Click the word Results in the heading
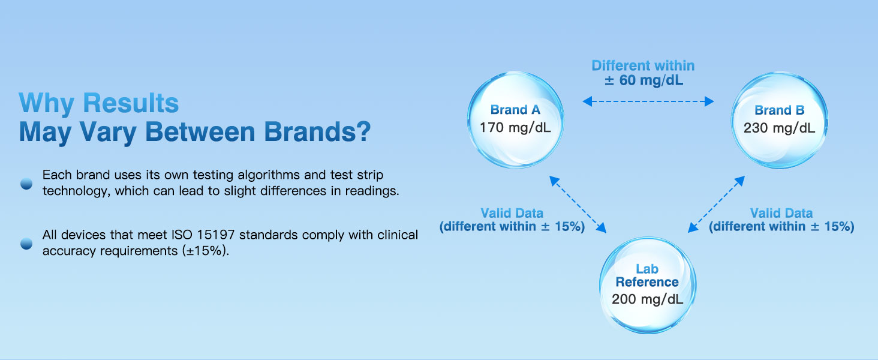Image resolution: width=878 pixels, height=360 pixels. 131,103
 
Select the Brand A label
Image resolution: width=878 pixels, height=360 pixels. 515,110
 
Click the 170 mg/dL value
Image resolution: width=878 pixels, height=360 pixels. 515,127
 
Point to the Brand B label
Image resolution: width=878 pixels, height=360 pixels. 779,110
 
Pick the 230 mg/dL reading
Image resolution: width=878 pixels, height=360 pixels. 779,128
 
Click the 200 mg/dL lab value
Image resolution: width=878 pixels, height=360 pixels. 647,299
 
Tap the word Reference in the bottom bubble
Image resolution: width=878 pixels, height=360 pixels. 647,282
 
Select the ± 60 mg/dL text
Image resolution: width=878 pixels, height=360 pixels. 644,80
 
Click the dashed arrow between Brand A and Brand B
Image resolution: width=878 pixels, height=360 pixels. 648,101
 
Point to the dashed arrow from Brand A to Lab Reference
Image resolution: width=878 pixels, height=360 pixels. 578,205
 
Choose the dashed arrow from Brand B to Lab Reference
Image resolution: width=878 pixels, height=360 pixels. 716,205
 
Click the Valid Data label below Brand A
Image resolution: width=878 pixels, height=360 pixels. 512,213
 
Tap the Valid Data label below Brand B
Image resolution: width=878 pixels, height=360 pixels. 781,213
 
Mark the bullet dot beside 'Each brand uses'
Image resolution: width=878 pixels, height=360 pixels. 26,184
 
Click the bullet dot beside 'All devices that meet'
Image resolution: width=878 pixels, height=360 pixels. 26,244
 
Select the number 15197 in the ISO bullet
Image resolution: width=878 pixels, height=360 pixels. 216,235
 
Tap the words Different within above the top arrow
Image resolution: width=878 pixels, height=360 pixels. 644,65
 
